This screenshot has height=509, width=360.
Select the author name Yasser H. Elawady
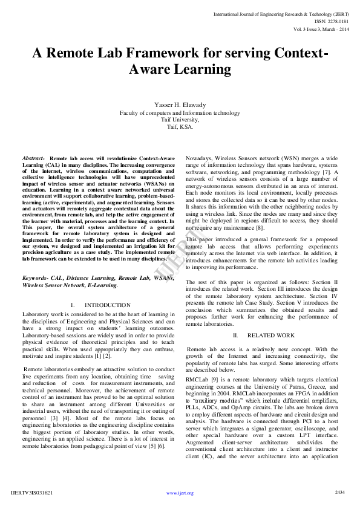click(x=180, y=105)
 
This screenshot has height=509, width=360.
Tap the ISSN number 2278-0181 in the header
click(x=336, y=21)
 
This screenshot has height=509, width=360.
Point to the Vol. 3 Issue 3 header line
click(x=321, y=28)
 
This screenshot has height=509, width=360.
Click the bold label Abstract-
click(x=33, y=157)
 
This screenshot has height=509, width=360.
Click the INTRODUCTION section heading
click(x=107, y=305)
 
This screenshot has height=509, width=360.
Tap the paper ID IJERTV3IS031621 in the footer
click(x=32, y=493)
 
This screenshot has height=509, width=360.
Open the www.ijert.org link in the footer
click(x=180, y=493)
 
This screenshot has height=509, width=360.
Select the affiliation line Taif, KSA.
click(x=180, y=127)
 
